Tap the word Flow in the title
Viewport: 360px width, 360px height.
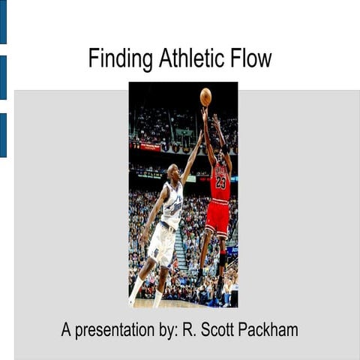(x=252, y=58)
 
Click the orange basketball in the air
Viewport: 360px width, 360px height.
(x=205, y=97)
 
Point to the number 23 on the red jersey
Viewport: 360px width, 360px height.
(x=220, y=181)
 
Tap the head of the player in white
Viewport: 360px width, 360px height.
(x=174, y=172)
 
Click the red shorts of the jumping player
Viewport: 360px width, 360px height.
(x=217, y=217)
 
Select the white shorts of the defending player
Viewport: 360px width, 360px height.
(x=162, y=244)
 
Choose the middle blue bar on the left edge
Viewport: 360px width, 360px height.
(x=3, y=77)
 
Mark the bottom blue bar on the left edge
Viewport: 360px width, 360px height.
(x=3, y=135)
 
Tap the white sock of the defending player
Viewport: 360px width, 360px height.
(x=136, y=289)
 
